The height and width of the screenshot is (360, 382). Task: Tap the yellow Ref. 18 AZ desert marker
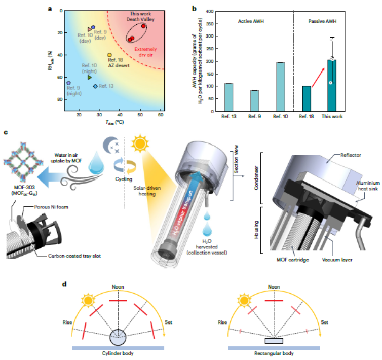[x=109, y=55]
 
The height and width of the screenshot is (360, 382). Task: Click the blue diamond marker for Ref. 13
[x=95, y=86]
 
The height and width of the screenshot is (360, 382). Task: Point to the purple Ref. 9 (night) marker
[x=68, y=83]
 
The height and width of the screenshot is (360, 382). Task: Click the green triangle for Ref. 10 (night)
[x=89, y=77]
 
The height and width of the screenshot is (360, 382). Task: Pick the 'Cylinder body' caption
[x=118, y=353]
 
